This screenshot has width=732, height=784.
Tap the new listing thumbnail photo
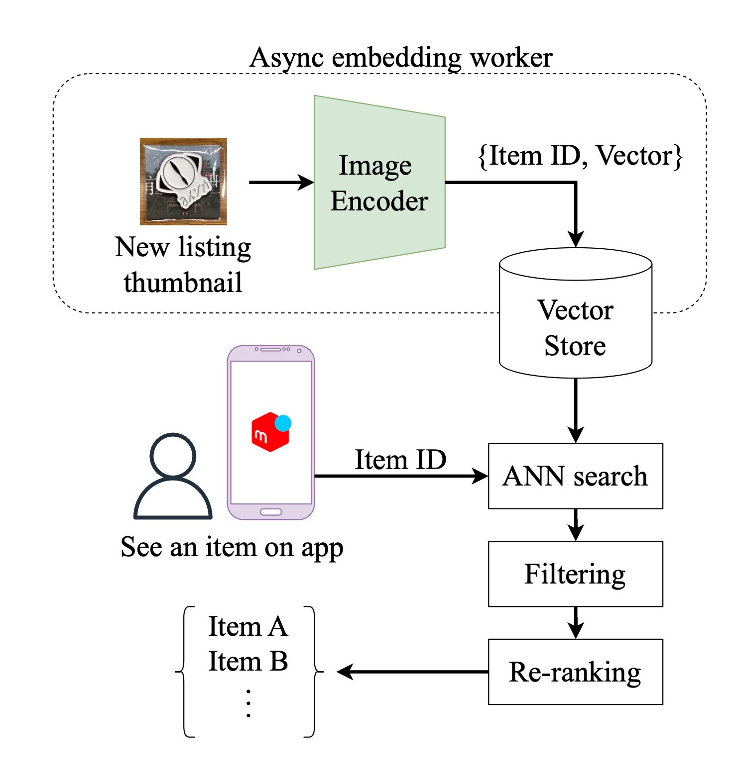(x=183, y=182)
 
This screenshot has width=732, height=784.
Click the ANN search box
(x=575, y=476)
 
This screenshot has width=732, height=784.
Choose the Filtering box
(x=575, y=574)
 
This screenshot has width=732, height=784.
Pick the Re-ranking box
(x=575, y=672)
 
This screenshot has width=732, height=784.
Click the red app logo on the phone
(x=269, y=433)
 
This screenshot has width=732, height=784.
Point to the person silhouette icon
(x=173, y=478)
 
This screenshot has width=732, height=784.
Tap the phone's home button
(x=271, y=512)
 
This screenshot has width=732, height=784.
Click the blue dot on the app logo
(x=283, y=423)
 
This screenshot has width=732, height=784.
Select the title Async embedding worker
(x=401, y=58)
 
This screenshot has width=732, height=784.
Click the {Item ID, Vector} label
(x=580, y=156)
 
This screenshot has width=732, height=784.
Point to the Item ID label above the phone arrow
(x=400, y=460)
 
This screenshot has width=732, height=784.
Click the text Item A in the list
(x=248, y=626)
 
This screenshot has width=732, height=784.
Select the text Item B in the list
(x=248, y=662)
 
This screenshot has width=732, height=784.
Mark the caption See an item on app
(x=232, y=547)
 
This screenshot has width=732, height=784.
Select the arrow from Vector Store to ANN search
(x=576, y=410)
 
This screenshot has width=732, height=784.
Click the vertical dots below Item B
(x=248, y=703)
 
